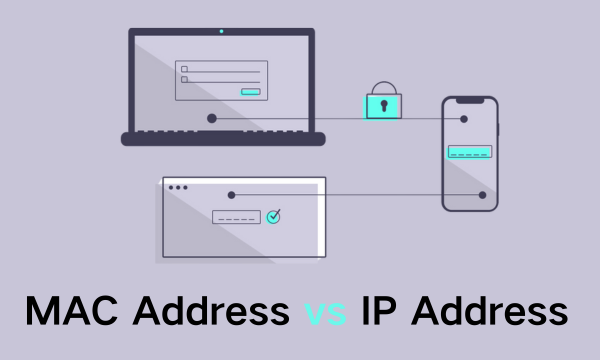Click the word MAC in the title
tap(69, 311)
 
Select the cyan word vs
tap(326, 312)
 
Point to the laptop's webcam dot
tap(221, 31)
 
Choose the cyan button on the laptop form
tap(251, 92)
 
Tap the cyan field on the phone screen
tap(469, 152)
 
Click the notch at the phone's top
tap(470, 100)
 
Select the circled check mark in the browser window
tap(273, 216)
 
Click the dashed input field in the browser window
tap(236, 217)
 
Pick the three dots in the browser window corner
tap(178, 187)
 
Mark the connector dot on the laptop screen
tap(212, 118)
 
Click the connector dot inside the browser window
tap(232, 195)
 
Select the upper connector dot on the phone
tap(464, 119)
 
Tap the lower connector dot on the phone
tap(482, 195)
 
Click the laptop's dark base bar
tap(222, 139)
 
